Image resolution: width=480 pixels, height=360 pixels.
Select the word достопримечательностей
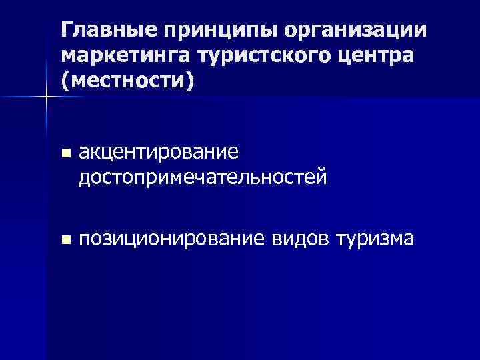click(203, 177)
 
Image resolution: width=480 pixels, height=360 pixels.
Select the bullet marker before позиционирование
click(65, 239)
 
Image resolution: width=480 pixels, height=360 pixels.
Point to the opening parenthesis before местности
click(65, 82)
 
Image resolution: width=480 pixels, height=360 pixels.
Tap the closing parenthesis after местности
click(193, 82)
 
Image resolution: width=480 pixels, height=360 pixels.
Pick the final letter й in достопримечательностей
click(321, 177)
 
